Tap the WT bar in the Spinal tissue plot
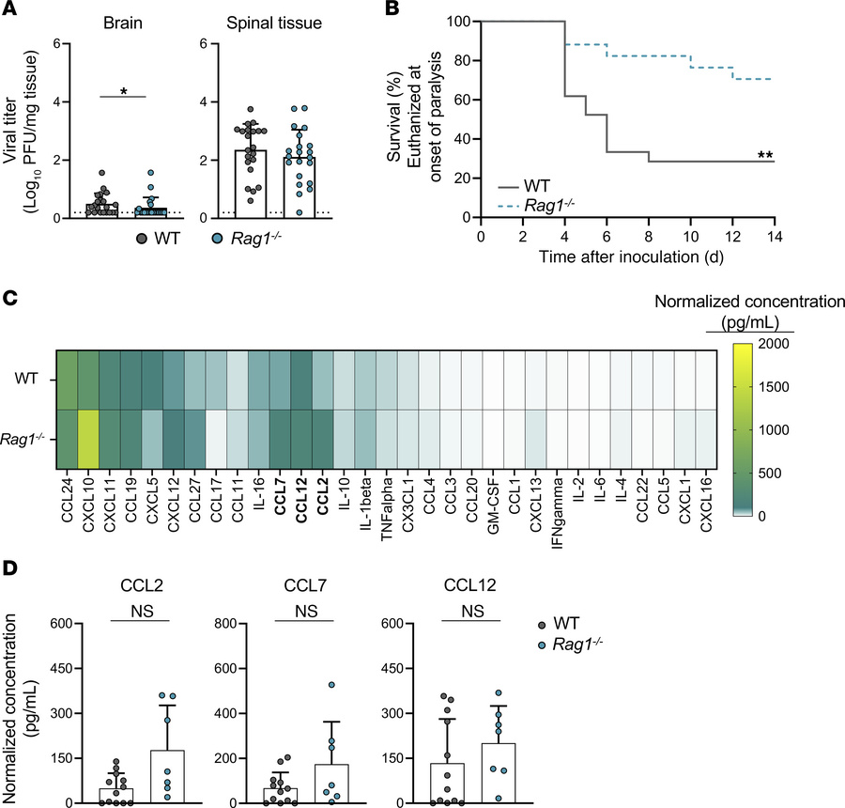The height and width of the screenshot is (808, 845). [230, 183]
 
